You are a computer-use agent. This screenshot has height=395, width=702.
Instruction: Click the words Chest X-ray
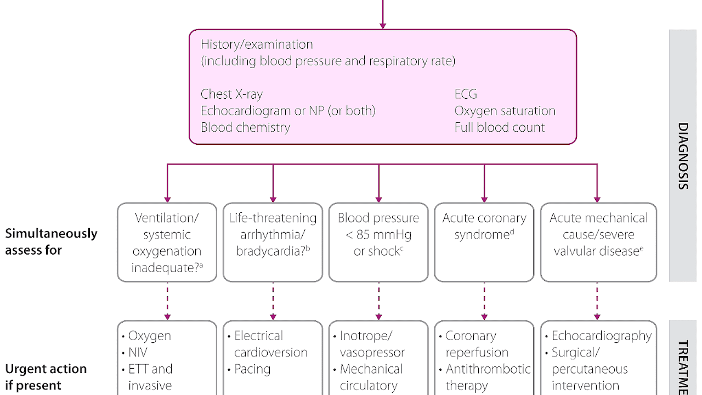click(x=231, y=94)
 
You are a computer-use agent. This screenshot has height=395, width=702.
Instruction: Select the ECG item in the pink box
click(x=466, y=94)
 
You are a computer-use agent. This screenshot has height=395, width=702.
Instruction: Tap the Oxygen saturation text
click(x=505, y=111)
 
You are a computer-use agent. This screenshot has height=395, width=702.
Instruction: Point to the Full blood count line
click(x=499, y=127)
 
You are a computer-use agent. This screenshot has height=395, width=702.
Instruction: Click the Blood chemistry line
click(x=245, y=127)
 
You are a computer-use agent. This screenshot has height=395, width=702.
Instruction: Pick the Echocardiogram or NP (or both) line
click(x=288, y=111)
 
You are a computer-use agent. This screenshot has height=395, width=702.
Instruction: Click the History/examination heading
click(x=257, y=44)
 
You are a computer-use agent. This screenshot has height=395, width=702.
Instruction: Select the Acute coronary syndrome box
click(x=484, y=242)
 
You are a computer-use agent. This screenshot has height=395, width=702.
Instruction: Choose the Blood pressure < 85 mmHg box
click(x=378, y=242)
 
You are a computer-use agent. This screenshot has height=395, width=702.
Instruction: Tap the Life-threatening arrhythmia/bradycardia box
click(x=273, y=242)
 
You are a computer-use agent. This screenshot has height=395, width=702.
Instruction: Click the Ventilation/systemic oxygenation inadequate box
click(x=167, y=242)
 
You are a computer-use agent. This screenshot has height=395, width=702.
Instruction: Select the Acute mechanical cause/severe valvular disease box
click(x=598, y=242)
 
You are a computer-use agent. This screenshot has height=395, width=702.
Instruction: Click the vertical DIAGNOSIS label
click(x=682, y=156)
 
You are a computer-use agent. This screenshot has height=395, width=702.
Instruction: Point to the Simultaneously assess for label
click(x=51, y=241)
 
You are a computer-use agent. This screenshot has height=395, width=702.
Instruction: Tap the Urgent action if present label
click(x=46, y=376)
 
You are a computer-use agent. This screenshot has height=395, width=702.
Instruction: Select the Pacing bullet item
click(x=252, y=369)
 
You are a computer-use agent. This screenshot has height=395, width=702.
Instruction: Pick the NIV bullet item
click(x=138, y=352)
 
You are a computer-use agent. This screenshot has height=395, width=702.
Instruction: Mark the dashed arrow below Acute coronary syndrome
click(x=484, y=301)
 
